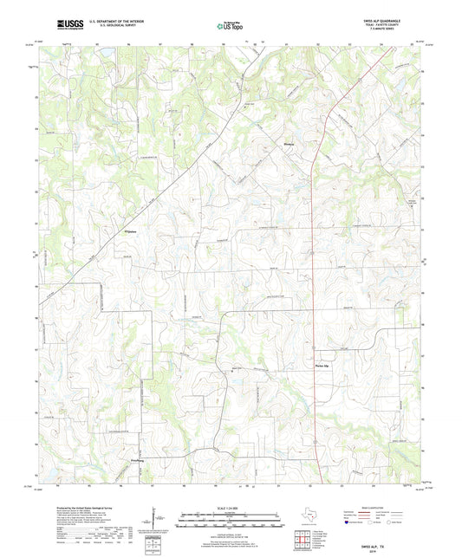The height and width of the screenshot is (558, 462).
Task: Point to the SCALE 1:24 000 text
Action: pyautogui.click(x=230, y=507)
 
